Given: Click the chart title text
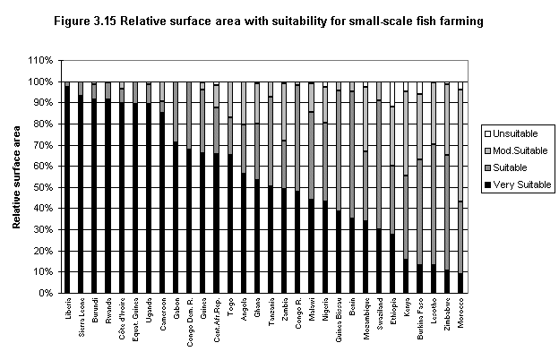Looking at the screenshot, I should tap(279, 21).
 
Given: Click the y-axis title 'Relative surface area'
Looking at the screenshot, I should tap(18, 177).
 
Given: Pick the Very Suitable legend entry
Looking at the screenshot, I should tap(518, 184).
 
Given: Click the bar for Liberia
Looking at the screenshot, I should tap(66, 188).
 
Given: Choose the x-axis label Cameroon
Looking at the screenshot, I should tap(162, 315).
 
